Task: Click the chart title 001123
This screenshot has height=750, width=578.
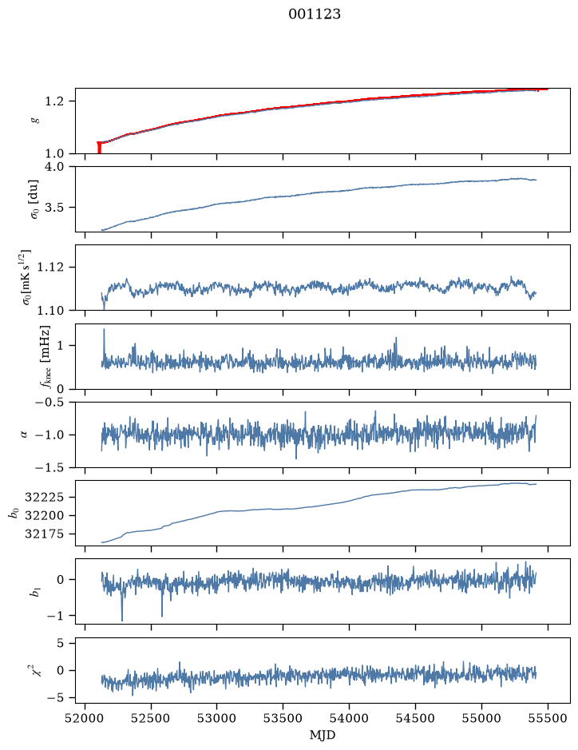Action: point(314,14)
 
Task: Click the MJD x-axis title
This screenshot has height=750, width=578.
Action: point(323,735)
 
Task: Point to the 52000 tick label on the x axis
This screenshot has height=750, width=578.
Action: point(85,718)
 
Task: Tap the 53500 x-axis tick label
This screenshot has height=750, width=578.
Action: point(283,718)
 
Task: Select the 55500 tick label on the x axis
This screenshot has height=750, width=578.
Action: point(548,718)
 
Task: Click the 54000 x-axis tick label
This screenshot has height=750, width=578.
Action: point(349,718)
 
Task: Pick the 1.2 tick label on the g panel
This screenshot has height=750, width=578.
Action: point(54,101)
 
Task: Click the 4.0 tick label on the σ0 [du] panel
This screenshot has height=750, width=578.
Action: point(54,166)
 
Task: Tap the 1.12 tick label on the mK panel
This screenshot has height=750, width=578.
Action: point(49,267)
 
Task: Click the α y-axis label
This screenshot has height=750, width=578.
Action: point(24,435)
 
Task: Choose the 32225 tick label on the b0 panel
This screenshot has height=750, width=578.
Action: point(44,498)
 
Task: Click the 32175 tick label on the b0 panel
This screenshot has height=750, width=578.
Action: point(44,534)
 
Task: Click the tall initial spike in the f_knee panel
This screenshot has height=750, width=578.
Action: point(104,344)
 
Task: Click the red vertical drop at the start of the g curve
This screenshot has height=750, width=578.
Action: point(99,148)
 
